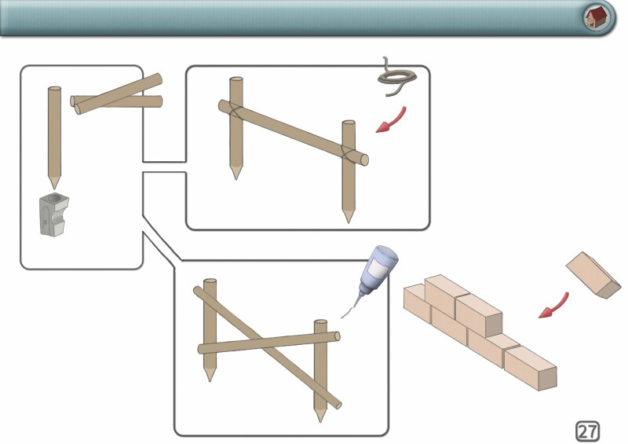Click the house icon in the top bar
click(x=595, y=17)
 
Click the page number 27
click(x=587, y=431)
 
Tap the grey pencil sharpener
click(x=54, y=215)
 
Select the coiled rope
click(x=396, y=78)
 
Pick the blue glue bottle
click(x=377, y=273)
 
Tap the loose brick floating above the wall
click(x=593, y=275)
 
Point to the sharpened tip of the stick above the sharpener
click(x=53, y=187)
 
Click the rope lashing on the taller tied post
click(x=235, y=109)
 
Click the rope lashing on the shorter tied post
click(x=348, y=154)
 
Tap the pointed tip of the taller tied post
click(x=236, y=178)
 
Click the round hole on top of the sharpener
click(x=53, y=197)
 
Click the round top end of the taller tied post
click(x=236, y=79)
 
